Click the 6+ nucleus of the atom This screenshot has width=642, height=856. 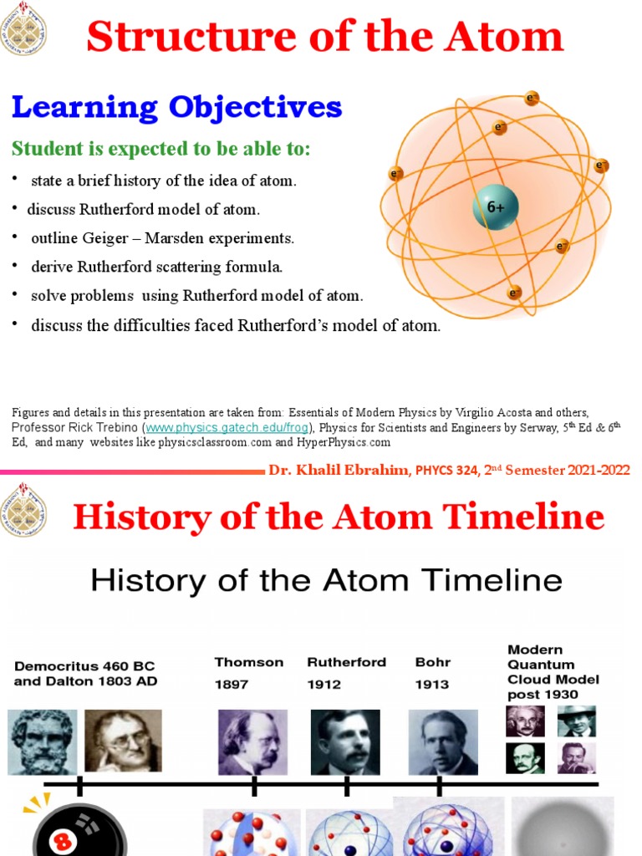(496, 206)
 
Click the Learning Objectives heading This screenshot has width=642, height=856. (176, 108)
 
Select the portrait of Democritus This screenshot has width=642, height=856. (43, 741)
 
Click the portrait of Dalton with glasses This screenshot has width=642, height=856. (123, 741)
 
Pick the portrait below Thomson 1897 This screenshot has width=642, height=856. (252, 742)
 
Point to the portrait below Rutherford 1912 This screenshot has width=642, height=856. (345, 742)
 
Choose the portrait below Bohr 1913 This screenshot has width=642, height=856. (443, 742)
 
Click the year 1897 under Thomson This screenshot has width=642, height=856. (231, 684)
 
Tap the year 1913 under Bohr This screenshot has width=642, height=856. (431, 684)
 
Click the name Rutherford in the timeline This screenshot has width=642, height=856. (346, 662)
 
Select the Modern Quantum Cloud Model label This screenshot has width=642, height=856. (553, 672)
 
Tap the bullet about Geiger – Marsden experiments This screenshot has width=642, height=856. (162, 238)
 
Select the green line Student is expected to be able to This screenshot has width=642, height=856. (160, 149)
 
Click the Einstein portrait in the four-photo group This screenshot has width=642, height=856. (525, 721)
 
